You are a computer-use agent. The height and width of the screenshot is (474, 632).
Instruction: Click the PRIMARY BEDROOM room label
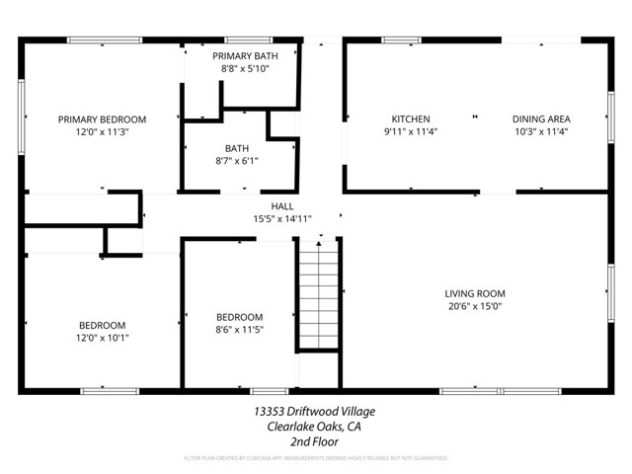102,118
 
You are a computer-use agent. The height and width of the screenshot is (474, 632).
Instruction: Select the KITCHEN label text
410,118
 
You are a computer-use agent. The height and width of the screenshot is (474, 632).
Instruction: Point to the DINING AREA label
540,118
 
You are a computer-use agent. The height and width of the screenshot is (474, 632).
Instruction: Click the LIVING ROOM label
474,293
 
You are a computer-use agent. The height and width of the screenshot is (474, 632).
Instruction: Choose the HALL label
282,206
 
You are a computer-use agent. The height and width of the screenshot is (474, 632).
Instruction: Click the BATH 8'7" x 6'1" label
236,149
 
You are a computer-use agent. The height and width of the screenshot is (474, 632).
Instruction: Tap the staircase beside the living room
318,296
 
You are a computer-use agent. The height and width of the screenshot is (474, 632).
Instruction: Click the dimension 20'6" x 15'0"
474,306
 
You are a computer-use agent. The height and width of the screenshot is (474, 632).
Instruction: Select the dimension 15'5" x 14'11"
282,219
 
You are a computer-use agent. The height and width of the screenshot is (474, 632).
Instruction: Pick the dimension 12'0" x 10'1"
102,338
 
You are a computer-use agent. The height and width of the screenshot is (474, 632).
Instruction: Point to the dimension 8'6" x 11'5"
239,330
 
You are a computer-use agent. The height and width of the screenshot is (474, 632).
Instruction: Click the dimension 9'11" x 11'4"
410,131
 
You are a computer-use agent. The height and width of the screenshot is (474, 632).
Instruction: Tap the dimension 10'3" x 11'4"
540,131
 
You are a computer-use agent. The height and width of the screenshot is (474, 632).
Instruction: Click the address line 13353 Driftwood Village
315,411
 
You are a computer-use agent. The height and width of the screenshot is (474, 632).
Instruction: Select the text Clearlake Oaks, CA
315,427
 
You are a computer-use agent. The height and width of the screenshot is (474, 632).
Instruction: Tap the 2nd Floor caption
315,442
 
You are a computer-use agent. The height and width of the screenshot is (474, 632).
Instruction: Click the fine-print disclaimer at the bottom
315,459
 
